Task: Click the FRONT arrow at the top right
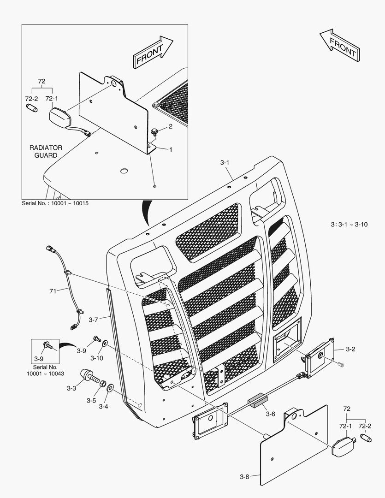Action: click(339, 45)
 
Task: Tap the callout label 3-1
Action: click(225, 163)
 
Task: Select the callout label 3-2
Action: click(350, 349)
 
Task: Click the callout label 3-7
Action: click(94, 319)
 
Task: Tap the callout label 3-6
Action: click(271, 414)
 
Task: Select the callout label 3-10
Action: click(96, 358)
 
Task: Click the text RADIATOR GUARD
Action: click(46, 151)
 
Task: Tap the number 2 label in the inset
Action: click(170, 126)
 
